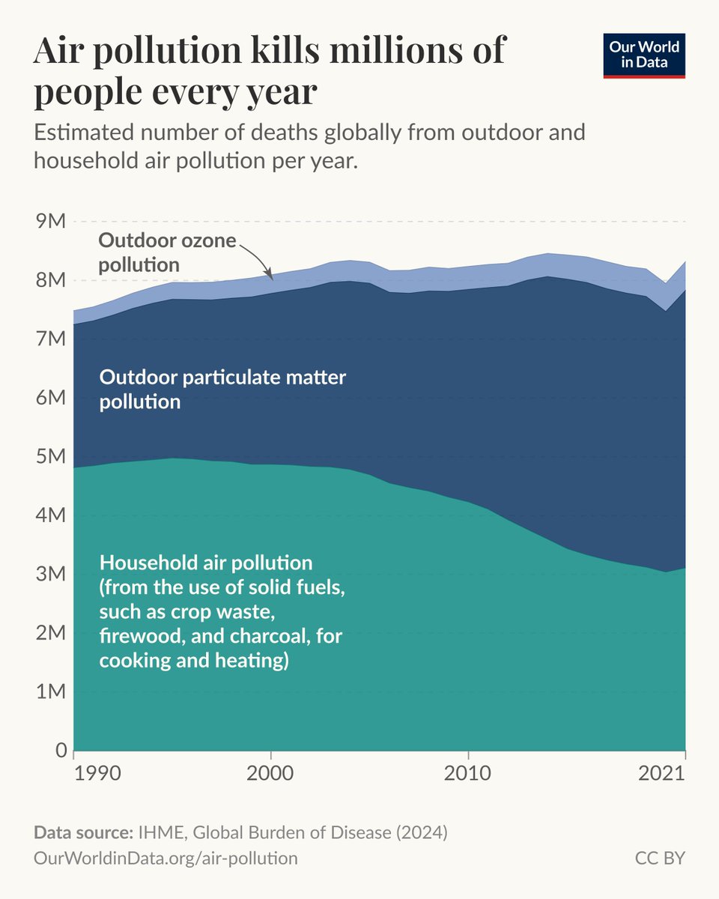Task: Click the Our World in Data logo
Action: point(644,55)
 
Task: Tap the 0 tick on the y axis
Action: point(60,751)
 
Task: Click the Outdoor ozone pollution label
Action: point(167,252)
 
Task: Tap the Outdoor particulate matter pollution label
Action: point(222,388)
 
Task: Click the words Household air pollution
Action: point(206,562)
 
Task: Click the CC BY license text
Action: point(660,858)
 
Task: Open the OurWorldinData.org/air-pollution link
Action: point(166,858)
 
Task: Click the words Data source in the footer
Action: point(82,833)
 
